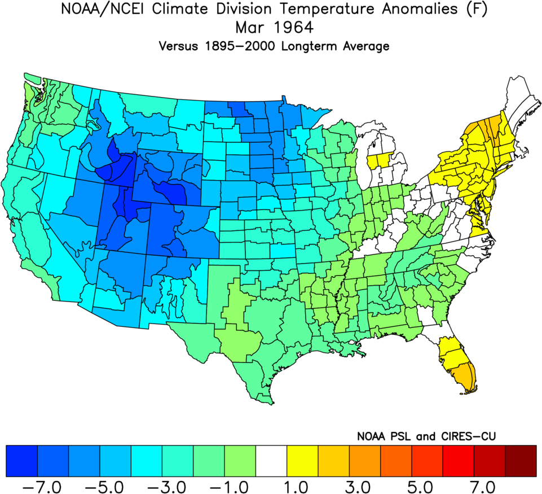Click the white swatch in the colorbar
click(271, 460)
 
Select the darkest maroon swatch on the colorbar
click(521, 460)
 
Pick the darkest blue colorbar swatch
click(21, 460)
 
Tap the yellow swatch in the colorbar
click(302, 460)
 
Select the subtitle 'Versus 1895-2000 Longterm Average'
click(274, 46)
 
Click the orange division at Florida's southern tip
click(467, 378)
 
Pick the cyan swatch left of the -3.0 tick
click(146, 460)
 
